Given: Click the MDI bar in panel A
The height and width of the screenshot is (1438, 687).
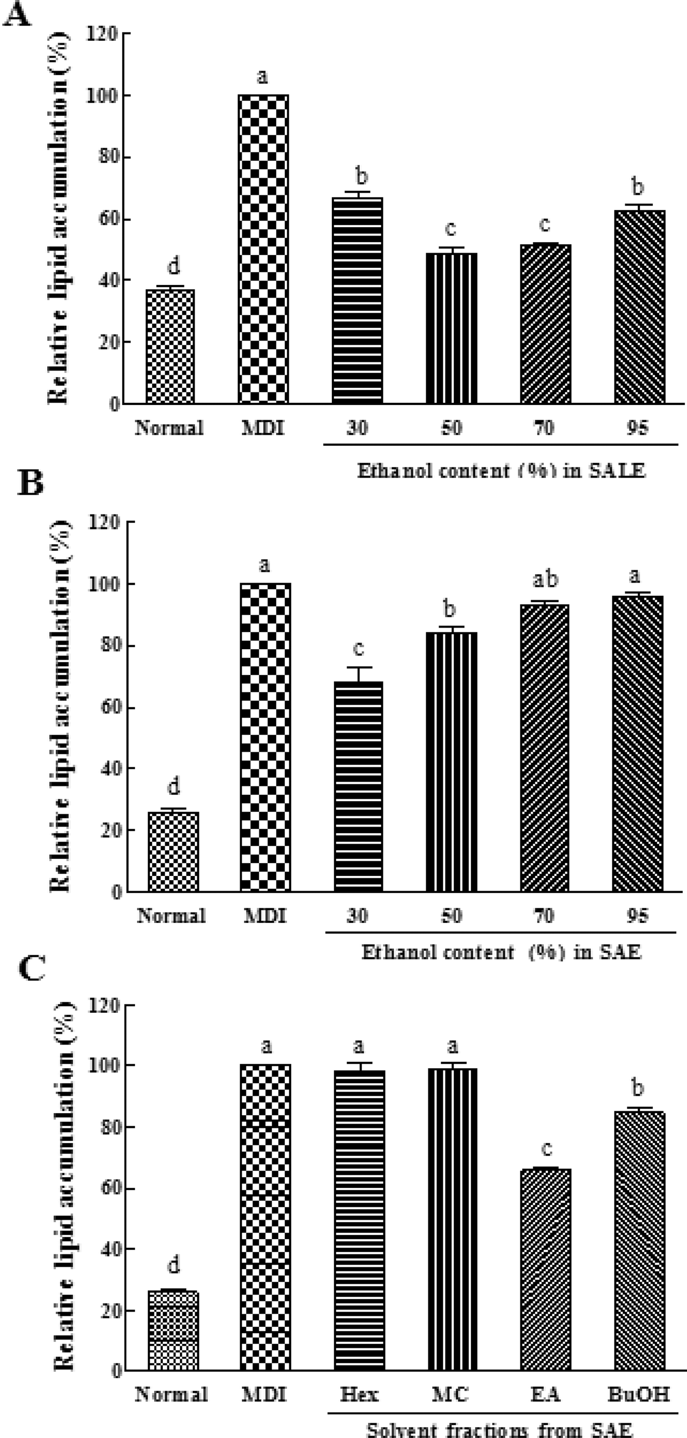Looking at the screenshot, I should coord(263,249).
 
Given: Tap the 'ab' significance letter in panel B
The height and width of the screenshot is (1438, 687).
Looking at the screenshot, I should coord(545,579).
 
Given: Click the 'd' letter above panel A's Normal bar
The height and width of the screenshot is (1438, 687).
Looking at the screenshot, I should coord(174,267).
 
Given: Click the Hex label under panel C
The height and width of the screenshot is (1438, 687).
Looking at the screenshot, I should coord(359,1395).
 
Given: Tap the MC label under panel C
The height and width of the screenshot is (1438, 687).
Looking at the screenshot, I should coord(451,1395).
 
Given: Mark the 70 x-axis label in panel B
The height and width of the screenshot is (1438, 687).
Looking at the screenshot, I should coord(544,916).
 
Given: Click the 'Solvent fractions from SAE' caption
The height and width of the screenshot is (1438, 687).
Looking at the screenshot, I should coord(499,1429).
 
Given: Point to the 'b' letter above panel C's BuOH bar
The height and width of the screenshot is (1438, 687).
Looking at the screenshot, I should coord(638,1087).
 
